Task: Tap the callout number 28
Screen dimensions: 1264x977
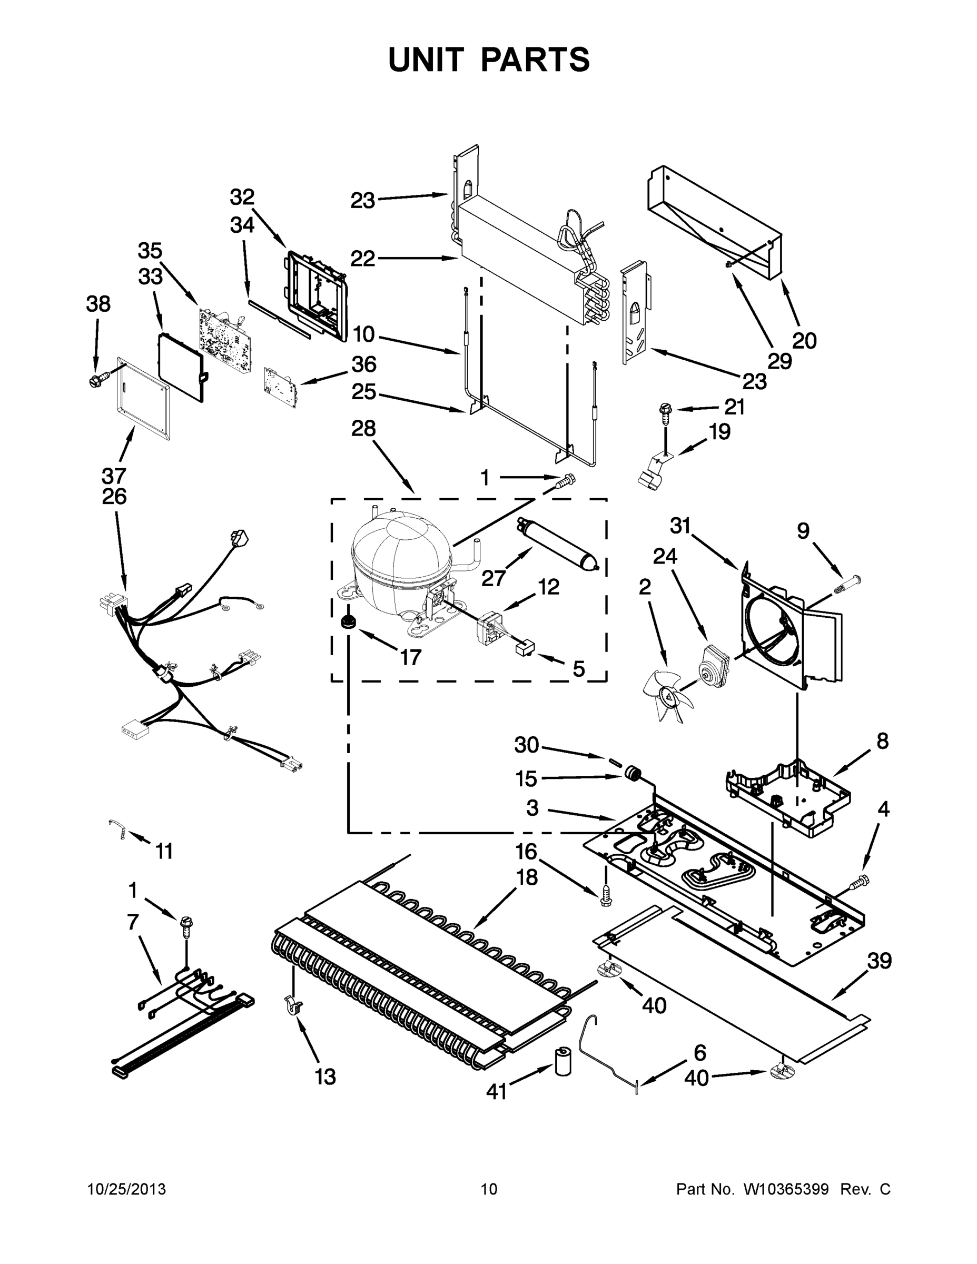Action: click(x=363, y=429)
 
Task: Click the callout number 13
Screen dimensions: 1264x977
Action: click(x=325, y=1077)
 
